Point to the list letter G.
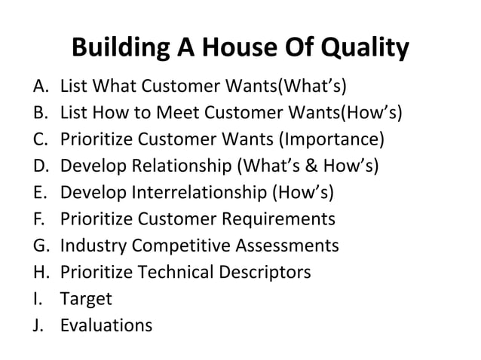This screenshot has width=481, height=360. (41, 246)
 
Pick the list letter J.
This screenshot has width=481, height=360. (40, 326)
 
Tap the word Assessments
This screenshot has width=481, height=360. (287, 246)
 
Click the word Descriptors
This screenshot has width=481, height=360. (264, 272)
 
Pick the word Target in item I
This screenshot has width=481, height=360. (86, 300)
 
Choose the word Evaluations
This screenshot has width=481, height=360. (106, 326)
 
